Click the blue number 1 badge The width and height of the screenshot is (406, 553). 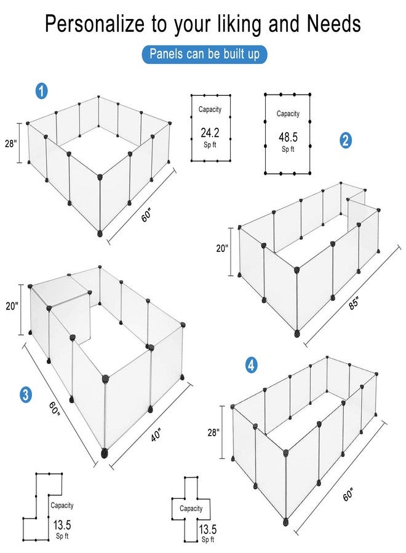[41, 92]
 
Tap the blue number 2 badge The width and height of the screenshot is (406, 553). [346, 140]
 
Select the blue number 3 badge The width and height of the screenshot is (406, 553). [25, 394]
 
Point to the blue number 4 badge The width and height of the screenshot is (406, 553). [251, 365]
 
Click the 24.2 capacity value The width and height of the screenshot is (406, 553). [210, 132]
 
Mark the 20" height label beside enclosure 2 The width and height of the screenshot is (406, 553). [222, 249]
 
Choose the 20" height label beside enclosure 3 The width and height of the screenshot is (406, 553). [13, 305]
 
